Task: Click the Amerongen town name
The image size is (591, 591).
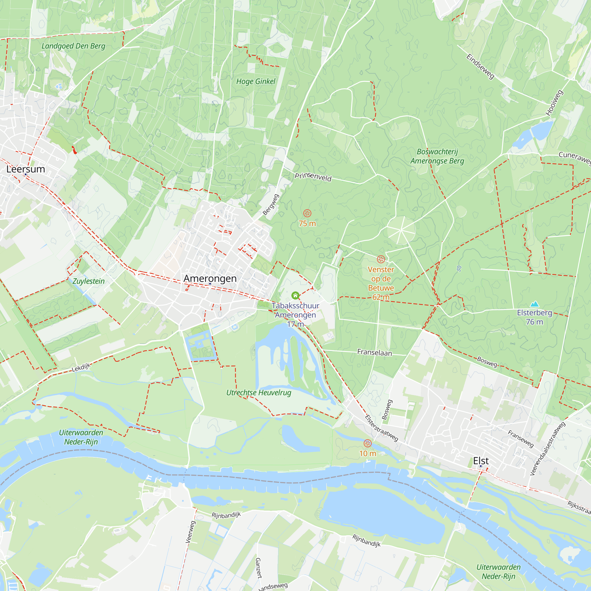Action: (210, 278)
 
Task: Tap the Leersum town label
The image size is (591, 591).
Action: (26, 169)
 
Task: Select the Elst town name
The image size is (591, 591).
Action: (481, 460)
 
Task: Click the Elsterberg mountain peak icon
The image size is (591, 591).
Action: (534, 304)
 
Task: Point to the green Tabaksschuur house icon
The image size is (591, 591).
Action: (295, 295)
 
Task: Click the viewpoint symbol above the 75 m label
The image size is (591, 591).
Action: (307, 213)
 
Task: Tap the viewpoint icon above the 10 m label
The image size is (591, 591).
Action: (367, 443)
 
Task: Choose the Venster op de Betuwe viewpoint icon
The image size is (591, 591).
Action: (381, 259)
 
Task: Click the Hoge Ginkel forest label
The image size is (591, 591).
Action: (256, 81)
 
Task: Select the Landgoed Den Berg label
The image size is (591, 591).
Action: (73, 46)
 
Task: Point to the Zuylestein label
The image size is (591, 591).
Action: (88, 281)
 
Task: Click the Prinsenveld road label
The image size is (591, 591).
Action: (313, 176)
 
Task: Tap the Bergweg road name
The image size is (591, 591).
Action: (271, 205)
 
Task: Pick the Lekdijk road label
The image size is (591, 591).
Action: (81, 367)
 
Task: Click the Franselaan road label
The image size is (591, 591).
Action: (374, 353)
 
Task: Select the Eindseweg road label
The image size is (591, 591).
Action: (480, 66)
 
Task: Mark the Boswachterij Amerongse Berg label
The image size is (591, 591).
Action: (437, 156)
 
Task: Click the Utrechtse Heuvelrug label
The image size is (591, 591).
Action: (259, 392)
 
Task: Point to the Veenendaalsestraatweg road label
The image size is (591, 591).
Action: (547, 449)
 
